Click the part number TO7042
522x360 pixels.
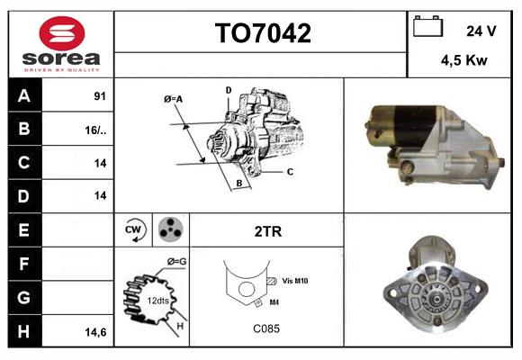262,34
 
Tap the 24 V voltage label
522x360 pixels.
481,30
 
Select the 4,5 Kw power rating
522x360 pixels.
465,61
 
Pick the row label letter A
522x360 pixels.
23,96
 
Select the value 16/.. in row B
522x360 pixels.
95,130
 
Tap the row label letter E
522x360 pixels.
23,229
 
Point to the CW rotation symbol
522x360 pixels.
133,230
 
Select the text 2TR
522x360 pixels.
268,231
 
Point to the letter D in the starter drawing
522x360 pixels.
229,90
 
